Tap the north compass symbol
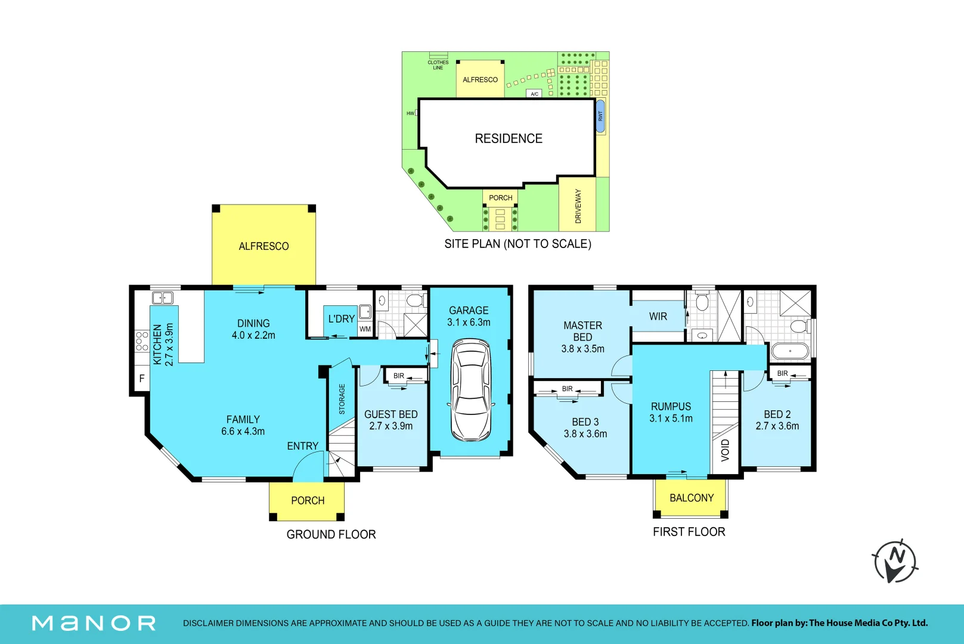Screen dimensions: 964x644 (895, 561)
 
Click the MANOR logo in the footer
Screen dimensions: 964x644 (94, 623)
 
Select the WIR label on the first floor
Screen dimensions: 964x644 (658, 317)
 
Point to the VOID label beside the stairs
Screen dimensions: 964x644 (726, 450)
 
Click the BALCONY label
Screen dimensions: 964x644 (692, 498)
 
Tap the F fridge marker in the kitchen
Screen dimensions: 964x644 (141, 379)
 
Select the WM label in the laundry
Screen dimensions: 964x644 (365, 329)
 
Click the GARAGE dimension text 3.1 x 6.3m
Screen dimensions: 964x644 (469, 323)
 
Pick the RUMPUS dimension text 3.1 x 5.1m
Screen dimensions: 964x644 (671, 419)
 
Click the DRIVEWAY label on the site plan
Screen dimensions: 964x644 (578, 206)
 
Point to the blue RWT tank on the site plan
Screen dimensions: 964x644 (600, 116)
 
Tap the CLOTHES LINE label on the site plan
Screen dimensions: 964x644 (438, 65)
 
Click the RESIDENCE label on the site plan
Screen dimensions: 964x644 (509, 138)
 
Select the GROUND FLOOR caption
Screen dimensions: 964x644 (331, 535)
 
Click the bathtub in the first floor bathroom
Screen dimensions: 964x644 (790, 351)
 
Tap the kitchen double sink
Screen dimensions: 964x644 (163, 298)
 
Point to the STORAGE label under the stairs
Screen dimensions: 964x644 (342, 399)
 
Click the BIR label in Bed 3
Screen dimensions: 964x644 (567, 389)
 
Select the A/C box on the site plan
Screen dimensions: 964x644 (534, 94)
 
